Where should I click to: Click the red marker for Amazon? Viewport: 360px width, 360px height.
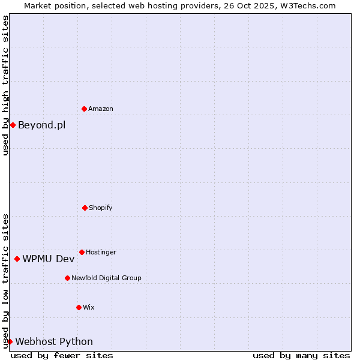[84, 109]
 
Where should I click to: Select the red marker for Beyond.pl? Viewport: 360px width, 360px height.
[13, 125]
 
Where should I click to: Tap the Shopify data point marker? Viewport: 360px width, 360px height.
[85, 208]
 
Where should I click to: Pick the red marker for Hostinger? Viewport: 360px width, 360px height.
[82, 252]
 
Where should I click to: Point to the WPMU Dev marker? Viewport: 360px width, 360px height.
[17, 259]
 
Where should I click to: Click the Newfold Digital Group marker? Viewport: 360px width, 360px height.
[67, 278]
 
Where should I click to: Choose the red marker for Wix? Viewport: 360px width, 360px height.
[79, 307]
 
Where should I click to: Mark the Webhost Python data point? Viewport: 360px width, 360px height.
[10, 341]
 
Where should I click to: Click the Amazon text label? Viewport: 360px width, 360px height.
[101, 109]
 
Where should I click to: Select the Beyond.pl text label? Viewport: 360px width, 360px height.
[41, 125]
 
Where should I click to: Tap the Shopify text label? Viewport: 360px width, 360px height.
[100, 208]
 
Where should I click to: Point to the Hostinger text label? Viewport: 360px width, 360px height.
[101, 252]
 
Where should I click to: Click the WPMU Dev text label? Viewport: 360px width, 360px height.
[49, 259]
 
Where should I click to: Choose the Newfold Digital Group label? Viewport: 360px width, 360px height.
[106, 278]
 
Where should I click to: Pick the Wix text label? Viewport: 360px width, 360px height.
[88, 307]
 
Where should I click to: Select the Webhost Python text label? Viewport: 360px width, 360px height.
[54, 341]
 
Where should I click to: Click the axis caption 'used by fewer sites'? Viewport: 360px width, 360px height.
[62, 355]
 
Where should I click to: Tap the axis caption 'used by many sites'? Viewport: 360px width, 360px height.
[301, 355]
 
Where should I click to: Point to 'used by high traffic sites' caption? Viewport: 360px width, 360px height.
[5, 85]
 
